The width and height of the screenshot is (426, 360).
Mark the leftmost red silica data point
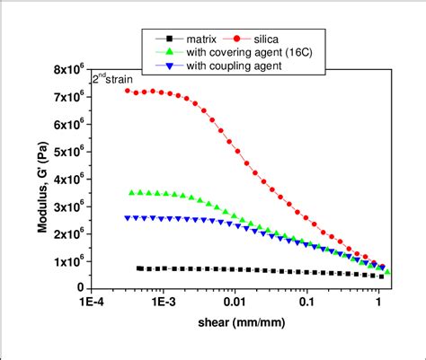[x=128, y=91]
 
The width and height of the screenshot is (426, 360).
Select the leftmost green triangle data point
[x=132, y=192]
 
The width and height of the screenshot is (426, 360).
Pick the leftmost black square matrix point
[x=139, y=268]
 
